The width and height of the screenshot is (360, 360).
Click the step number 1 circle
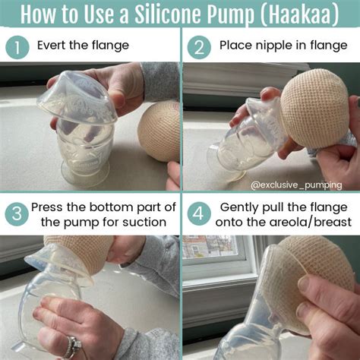17,47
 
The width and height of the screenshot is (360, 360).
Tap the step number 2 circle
199,47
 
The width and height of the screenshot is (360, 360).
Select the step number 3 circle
17,214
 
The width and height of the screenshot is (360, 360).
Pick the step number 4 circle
199,214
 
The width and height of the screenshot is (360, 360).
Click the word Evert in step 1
52,46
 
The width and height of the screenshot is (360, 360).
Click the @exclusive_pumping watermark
296,185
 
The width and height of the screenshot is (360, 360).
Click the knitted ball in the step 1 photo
159,131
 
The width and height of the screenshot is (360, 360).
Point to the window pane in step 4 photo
210,247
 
